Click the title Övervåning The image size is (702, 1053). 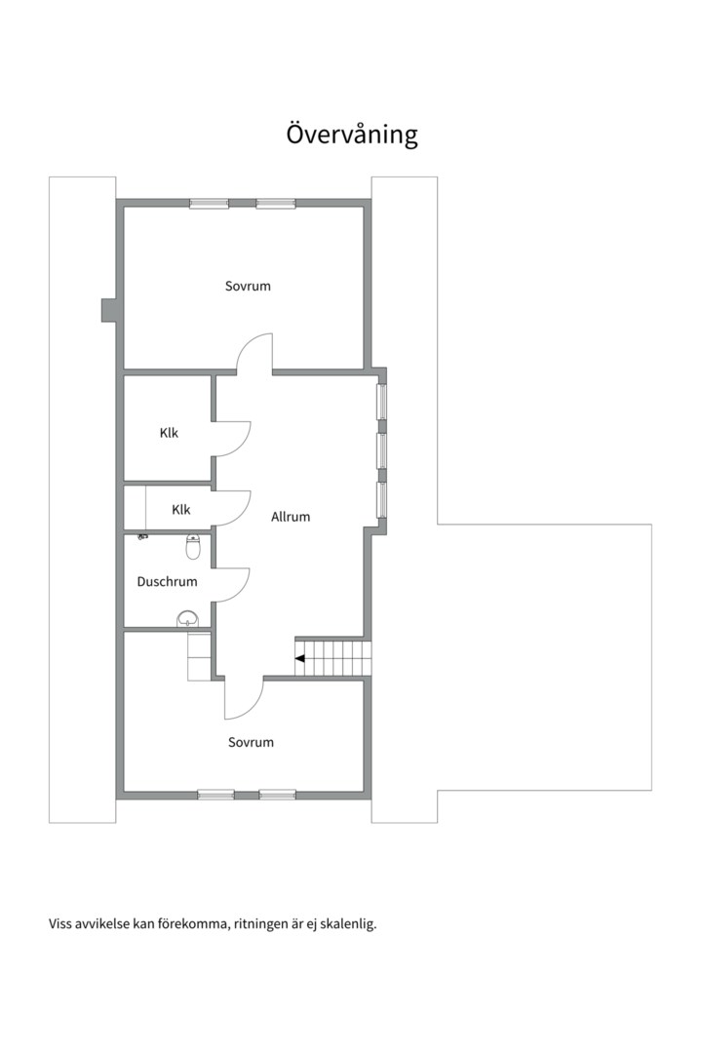352,134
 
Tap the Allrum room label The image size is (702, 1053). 291,517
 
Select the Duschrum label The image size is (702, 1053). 167,582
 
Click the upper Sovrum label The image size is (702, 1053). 248,287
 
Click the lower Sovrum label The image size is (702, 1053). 251,742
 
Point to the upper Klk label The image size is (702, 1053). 170,433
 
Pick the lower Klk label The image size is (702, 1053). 181,509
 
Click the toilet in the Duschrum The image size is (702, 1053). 193,548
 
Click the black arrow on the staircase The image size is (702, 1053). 300,658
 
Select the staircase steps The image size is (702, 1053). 336,655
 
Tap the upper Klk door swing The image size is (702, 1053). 232,438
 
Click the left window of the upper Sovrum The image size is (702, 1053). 209,204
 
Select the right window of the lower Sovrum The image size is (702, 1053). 277,795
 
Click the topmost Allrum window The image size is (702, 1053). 382,401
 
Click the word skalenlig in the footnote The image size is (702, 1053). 347,924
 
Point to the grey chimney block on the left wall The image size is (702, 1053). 108,309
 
